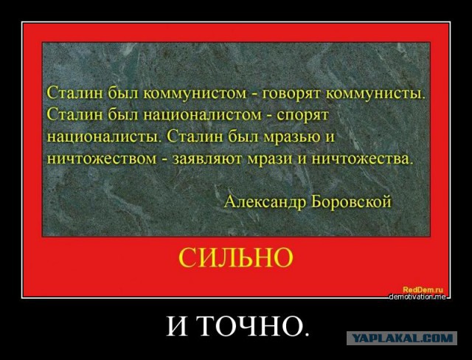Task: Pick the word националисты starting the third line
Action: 102,136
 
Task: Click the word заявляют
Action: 202,158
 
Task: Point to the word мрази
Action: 266,158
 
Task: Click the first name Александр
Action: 263,200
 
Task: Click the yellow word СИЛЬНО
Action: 235,257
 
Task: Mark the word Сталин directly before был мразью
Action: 194,136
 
